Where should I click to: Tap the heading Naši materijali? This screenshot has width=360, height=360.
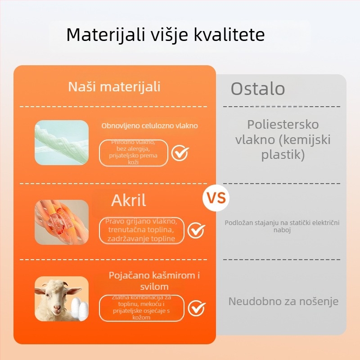114,86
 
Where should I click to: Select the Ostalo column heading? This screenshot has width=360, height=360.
258,89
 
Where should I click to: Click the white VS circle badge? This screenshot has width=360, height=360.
216,198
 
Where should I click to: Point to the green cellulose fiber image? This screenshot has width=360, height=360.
62,143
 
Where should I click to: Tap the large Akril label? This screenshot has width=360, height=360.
129,200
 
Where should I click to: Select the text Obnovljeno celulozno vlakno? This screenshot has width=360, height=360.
149,126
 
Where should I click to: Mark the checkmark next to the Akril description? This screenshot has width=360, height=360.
196,230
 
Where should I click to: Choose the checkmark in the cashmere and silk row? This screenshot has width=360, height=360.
196,308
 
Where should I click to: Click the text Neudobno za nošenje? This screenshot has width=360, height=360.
283,301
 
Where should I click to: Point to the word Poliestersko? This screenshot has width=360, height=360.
283,124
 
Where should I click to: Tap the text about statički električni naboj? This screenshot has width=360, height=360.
282,226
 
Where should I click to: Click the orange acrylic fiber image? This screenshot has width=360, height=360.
62,222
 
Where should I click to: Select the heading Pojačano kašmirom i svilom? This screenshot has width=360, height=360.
154,281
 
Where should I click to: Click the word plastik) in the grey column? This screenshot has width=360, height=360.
283,155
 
